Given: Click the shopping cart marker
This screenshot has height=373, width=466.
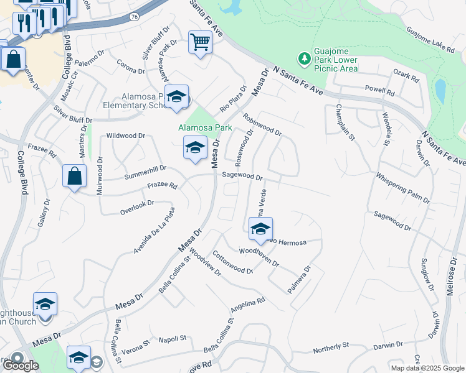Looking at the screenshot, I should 200,43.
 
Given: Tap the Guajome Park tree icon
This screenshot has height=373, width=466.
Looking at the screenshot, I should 305,58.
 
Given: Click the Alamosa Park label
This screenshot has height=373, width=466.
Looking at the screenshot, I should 205,127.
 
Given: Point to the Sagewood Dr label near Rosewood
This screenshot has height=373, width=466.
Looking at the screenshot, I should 242,176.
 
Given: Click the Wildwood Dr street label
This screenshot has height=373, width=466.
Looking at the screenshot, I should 126,135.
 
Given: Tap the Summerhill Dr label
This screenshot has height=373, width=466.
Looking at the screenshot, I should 145,168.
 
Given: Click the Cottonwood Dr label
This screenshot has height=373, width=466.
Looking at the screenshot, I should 232,262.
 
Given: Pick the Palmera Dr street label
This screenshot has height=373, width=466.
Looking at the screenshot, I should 298,280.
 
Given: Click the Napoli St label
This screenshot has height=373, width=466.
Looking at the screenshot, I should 174,338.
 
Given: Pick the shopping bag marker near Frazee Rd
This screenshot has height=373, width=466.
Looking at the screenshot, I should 74,176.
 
